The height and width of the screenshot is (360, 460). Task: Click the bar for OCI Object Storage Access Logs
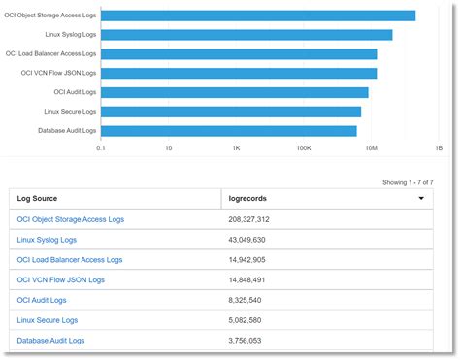(257, 16)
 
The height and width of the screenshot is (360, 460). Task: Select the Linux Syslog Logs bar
(246, 35)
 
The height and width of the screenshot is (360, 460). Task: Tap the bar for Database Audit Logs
(228, 131)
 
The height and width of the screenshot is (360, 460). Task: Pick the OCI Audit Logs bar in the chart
(234, 92)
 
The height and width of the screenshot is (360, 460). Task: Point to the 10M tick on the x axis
(371, 148)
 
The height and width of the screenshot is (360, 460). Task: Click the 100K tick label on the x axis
(303, 148)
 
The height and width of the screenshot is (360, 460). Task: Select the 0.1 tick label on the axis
(101, 148)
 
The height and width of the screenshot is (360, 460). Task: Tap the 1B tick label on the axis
(438, 148)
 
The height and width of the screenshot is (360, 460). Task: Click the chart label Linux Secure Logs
(69, 112)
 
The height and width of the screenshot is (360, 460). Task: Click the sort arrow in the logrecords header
(420, 198)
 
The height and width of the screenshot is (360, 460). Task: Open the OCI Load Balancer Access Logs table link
(70, 260)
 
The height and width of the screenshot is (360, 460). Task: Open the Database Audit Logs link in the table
(50, 341)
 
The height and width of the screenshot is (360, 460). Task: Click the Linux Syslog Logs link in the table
(47, 240)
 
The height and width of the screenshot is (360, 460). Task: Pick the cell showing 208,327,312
(248, 219)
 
